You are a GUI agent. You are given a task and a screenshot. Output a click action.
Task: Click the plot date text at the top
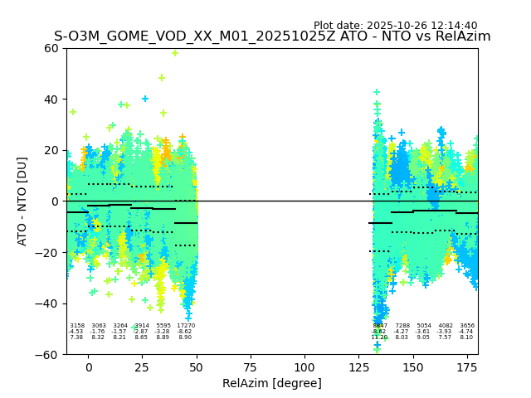tap(395, 26)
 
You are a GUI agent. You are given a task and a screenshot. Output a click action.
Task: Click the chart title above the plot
tap(272, 36)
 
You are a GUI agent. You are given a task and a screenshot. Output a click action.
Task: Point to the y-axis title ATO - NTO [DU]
tap(22, 201)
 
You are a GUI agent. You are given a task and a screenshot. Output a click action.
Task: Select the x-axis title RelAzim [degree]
tap(272, 383)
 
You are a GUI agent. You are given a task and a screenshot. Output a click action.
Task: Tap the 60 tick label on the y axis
tap(50, 48)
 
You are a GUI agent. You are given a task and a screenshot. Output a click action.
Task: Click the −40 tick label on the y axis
tap(46, 303)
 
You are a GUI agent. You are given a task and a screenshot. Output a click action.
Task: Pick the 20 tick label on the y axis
tap(50, 150)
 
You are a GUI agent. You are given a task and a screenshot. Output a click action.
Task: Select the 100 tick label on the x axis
tap(304, 366)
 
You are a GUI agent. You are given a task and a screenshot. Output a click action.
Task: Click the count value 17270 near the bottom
tap(186, 326)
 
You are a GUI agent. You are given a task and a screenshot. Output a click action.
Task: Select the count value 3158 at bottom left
tap(77, 326)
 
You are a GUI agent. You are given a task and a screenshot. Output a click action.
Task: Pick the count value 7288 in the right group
tap(402, 326)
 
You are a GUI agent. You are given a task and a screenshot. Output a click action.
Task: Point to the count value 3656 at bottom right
tap(467, 326)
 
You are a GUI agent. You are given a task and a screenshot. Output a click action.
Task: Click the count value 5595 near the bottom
tap(163, 326)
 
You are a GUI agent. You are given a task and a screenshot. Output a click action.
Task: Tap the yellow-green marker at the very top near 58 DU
tap(175, 53)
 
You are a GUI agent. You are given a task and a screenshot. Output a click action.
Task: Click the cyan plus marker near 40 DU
tap(145, 99)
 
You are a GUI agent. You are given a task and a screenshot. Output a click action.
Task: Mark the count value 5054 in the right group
tap(424, 326)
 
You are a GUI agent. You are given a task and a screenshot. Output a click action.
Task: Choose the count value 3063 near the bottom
tap(99, 326)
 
